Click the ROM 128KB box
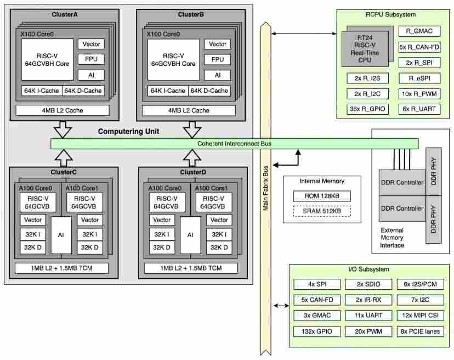(x=322, y=196)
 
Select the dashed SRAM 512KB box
(x=322, y=211)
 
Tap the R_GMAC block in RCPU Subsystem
(x=419, y=31)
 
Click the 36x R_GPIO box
(x=367, y=109)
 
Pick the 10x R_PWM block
(x=419, y=94)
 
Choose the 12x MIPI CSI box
(x=420, y=316)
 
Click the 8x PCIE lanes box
(x=420, y=331)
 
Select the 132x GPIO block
(x=317, y=331)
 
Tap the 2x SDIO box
(x=368, y=284)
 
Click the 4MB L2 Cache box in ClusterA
(x=63, y=110)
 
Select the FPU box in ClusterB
(x=218, y=59)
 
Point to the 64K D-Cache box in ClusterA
(x=83, y=91)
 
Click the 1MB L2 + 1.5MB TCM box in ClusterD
(x=191, y=268)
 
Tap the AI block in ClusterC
(x=61, y=235)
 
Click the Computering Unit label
(x=128, y=131)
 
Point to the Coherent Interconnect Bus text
(x=234, y=143)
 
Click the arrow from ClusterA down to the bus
(x=63, y=130)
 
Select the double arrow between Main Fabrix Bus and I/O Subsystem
(x=281, y=306)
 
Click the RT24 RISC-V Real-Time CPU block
(x=365, y=49)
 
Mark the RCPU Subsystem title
(x=390, y=14)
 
